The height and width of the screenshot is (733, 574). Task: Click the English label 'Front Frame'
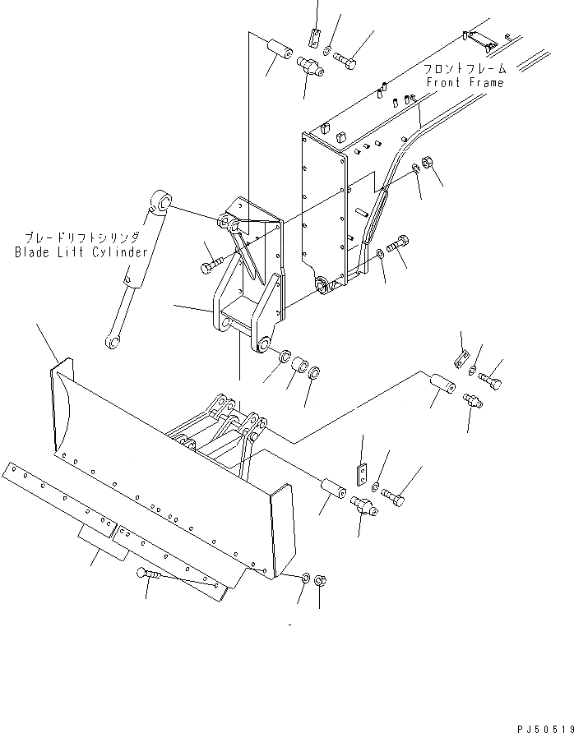tap(465, 82)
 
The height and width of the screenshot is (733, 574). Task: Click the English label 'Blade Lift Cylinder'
tap(81, 252)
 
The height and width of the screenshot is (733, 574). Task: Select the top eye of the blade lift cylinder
tap(160, 201)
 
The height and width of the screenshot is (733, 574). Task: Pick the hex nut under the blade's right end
tap(322, 579)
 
